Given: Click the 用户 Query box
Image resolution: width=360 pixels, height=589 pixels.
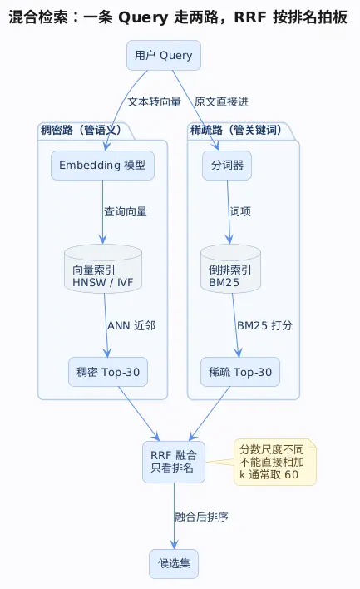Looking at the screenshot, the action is [164, 55].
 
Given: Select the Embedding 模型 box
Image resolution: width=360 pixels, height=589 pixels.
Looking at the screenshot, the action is [102, 166].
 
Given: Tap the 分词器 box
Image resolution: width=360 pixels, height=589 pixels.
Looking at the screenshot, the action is [227, 166].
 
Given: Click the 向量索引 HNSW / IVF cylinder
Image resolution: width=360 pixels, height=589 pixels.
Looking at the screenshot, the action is [103, 269].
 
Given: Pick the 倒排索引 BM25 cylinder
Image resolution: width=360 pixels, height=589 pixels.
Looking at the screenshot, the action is [230, 269].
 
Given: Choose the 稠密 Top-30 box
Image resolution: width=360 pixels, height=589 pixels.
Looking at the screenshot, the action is [108, 372].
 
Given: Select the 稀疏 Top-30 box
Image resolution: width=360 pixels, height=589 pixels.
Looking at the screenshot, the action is [240, 372].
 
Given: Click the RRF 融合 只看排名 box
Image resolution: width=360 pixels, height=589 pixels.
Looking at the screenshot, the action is [174, 462].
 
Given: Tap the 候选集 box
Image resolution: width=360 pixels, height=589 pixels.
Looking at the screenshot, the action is [174, 564].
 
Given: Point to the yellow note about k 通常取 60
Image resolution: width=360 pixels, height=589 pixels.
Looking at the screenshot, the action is [275, 462].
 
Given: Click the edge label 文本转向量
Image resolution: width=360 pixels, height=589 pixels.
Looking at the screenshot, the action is [155, 101].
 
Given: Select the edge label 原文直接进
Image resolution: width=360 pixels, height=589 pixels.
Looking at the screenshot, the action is [221, 101].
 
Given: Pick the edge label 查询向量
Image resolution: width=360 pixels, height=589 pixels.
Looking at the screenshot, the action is [126, 211].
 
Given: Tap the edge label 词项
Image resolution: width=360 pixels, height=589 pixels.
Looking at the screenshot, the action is [240, 211].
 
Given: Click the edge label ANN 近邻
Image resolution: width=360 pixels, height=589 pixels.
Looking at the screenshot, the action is [131, 325].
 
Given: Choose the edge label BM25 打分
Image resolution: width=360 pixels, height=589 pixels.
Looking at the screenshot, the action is [264, 325].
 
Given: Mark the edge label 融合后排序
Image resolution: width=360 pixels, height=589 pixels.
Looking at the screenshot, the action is [201, 517].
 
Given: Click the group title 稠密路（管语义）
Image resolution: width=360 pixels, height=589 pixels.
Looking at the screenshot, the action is [82, 131].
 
